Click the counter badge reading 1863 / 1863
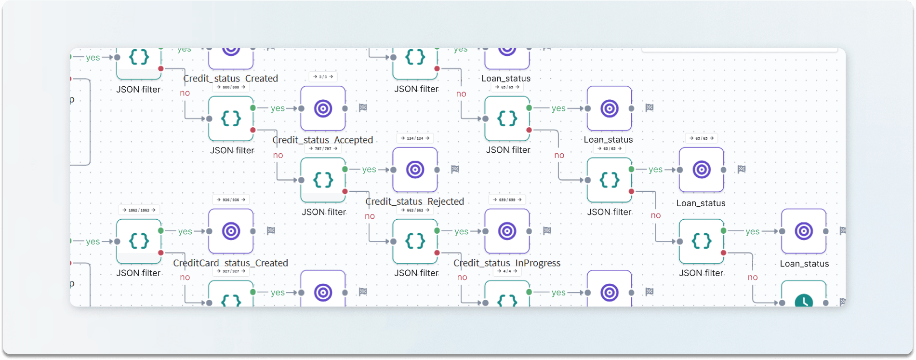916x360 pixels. click(x=139, y=210)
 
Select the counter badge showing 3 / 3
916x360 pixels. click(x=323, y=77)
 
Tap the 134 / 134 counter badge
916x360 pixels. click(x=415, y=138)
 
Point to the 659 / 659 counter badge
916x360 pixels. click(x=507, y=200)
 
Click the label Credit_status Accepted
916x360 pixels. click(x=323, y=140)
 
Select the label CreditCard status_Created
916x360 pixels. click(x=230, y=263)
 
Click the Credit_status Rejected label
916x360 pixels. click(x=415, y=201)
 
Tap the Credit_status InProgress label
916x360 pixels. click(x=507, y=263)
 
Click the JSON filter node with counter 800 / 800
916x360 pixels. click(x=231, y=118)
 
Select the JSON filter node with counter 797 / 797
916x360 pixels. click(x=323, y=180)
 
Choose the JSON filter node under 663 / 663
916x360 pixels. click(x=415, y=241)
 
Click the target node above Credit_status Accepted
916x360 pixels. click(x=323, y=108)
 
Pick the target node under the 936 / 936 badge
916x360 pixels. click(x=231, y=231)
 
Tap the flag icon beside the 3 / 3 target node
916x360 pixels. click(x=363, y=108)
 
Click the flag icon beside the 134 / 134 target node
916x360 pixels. click(x=455, y=169)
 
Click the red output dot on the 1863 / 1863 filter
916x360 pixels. click(x=161, y=253)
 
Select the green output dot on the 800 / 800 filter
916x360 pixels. click(x=253, y=108)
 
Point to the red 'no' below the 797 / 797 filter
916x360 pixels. click(x=370, y=216)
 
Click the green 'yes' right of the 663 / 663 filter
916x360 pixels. click(x=461, y=231)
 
